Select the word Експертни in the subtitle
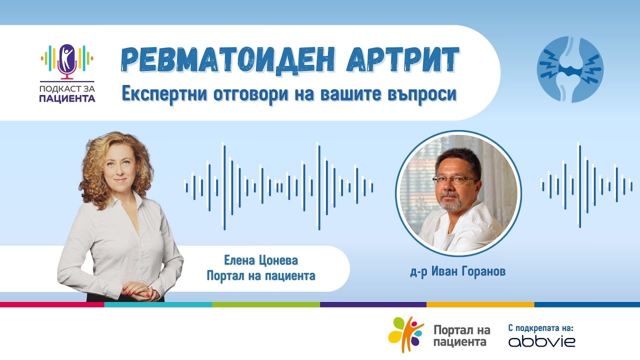(168, 93)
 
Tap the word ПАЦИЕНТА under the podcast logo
(67, 98)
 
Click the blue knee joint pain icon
(570, 69)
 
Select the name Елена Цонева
(261, 260)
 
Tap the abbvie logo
(541, 342)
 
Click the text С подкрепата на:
(540, 328)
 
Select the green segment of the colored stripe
(266, 304)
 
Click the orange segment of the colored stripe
(480, 304)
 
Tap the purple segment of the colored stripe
(373, 304)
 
